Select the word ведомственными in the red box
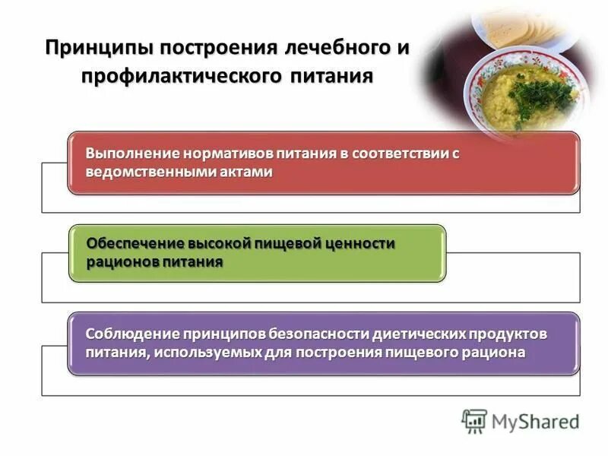[143, 172]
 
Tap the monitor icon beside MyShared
[474, 421]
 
